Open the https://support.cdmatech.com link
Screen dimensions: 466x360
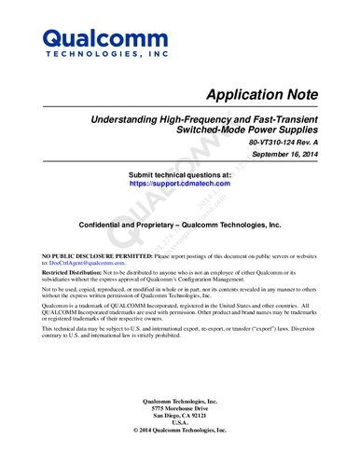(179, 185)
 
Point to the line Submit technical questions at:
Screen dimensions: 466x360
(180, 174)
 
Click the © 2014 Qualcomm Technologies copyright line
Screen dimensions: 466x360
(180, 431)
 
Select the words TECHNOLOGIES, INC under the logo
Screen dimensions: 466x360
(105, 56)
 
